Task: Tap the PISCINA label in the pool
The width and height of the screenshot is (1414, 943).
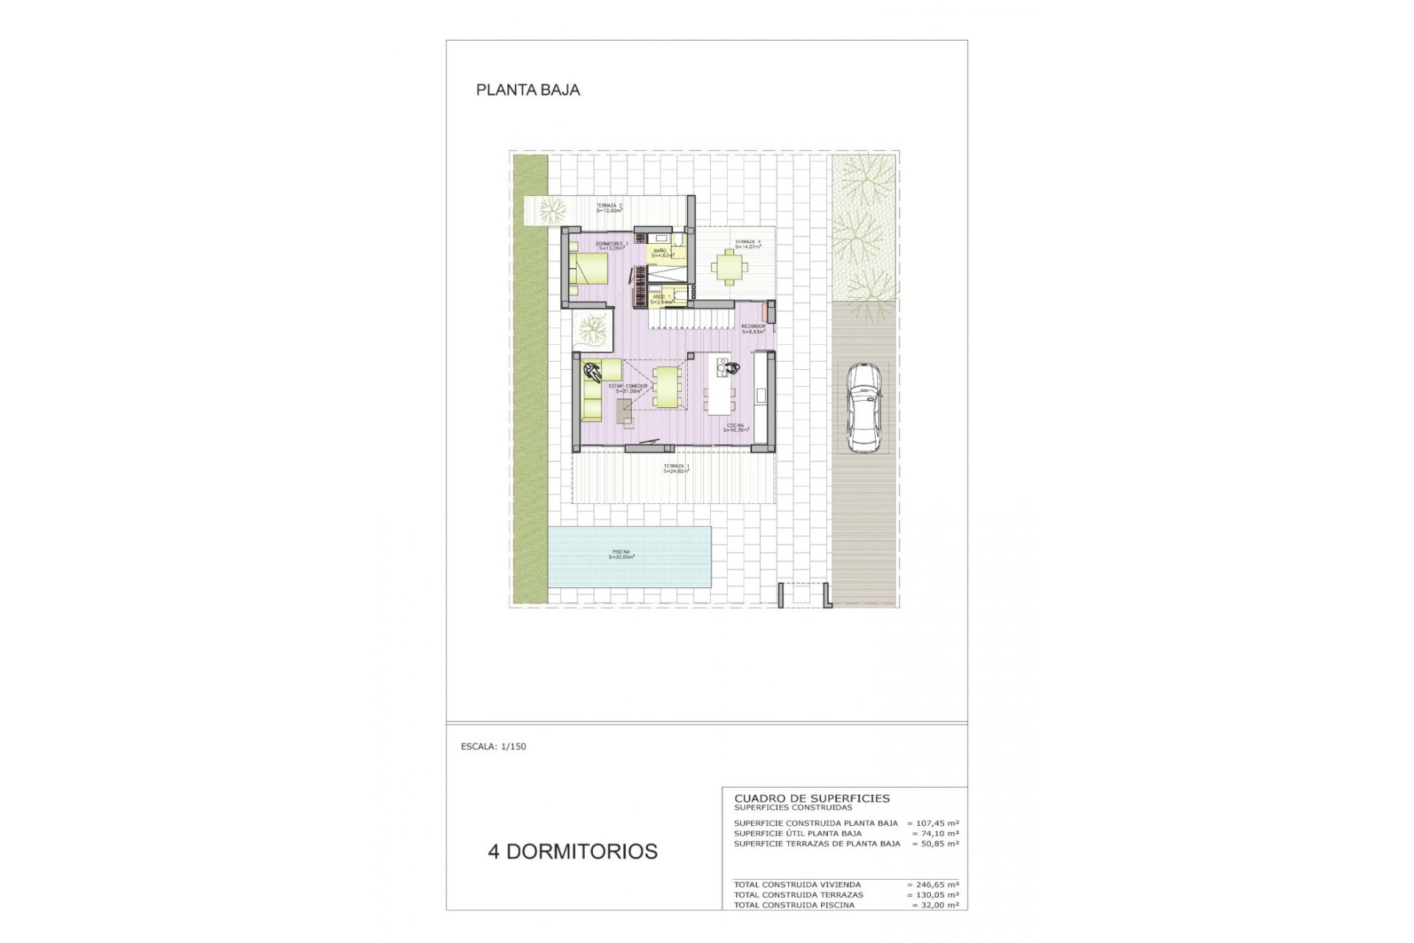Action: click(622, 555)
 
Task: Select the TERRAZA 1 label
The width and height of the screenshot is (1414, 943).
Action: click(676, 469)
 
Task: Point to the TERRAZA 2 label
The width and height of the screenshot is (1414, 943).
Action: click(609, 208)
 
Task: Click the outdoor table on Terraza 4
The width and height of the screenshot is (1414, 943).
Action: click(728, 267)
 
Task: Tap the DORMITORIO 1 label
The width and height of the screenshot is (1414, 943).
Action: click(612, 245)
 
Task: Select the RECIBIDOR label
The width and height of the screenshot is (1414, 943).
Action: click(753, 329)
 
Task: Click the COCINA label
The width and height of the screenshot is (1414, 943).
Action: click(735, 427)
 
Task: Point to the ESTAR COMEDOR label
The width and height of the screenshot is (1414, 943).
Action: click(628, 388)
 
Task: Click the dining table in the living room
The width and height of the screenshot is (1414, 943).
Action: click(666, 387)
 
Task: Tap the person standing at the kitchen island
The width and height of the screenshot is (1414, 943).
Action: click(729, 367)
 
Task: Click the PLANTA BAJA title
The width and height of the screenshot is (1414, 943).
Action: click(528, 90)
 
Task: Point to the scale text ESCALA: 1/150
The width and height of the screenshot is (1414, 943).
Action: click(493, 746)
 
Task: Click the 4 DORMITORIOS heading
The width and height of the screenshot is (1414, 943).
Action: click(572, 852)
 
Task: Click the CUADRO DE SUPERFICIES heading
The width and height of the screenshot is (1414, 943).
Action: click(812, 798)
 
